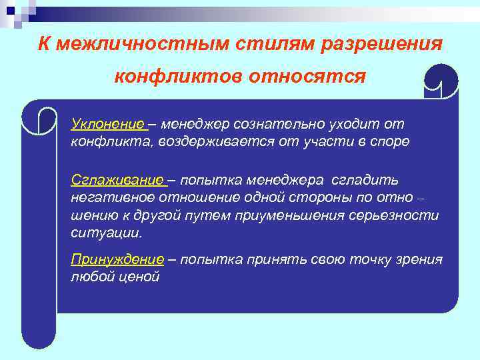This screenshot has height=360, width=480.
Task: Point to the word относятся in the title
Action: click(307, 76)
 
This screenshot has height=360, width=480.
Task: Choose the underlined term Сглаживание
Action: click(117, 181)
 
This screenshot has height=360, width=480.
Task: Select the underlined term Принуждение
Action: click(117, 259)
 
